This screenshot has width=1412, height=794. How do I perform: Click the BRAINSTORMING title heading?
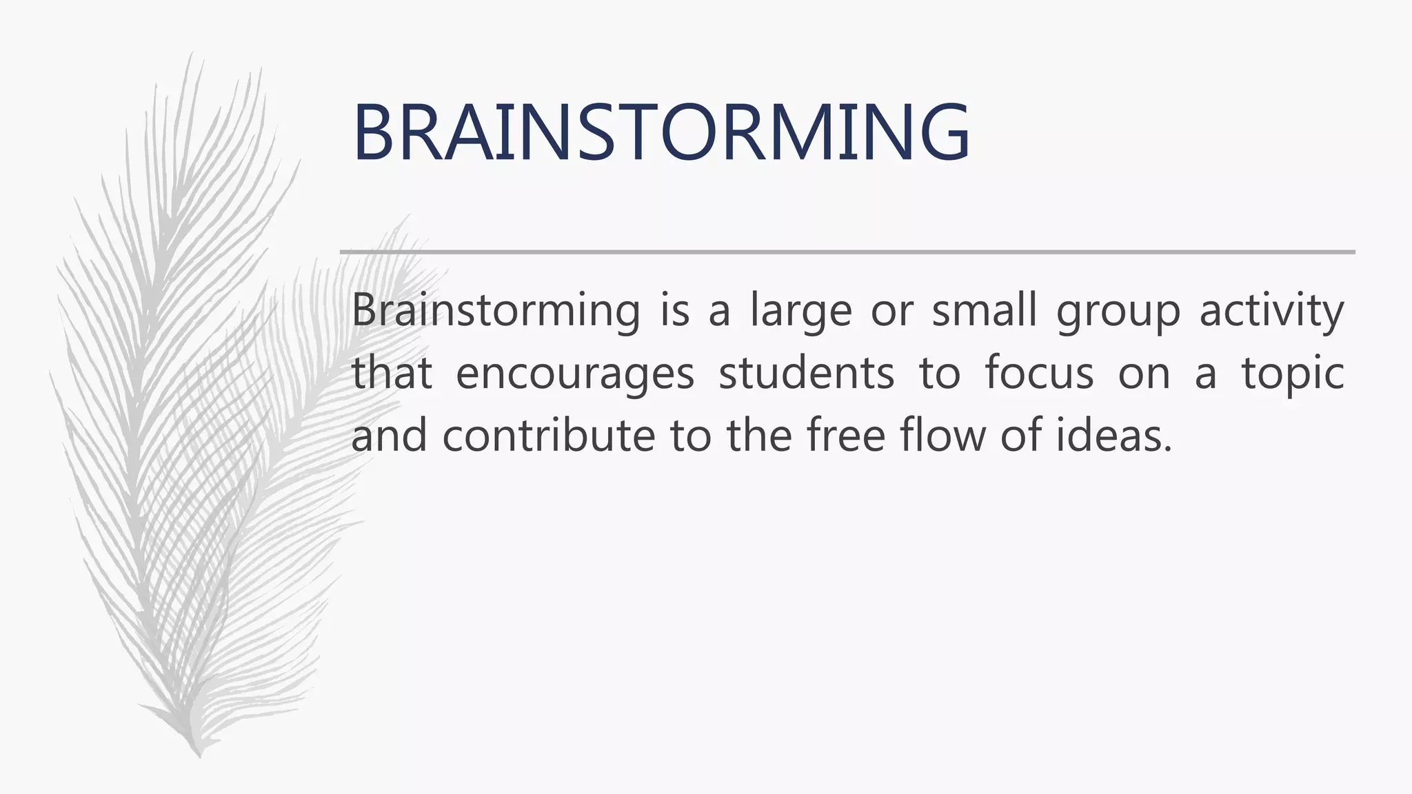660,132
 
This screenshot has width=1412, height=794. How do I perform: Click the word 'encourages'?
575,374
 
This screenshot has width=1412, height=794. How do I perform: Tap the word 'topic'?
1293,374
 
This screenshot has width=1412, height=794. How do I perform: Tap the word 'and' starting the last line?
389,436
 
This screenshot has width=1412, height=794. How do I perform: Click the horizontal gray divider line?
847,252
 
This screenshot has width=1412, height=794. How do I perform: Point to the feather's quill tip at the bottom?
199,754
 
